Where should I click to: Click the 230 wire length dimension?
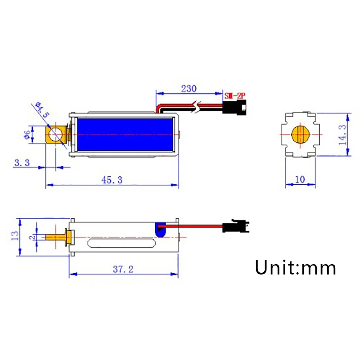(188, 89)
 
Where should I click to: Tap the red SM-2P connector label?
(236, 95)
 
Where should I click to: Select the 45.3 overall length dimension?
(112, 180)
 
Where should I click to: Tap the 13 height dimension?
(14, 235)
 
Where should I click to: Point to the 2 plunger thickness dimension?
(31, 237)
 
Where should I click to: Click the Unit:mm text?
(296, 268)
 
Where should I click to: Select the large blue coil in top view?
(125, 135)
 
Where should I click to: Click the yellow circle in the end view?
(300, 135)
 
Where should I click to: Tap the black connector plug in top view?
(234, 108)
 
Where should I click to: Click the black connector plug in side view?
(234, 225)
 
